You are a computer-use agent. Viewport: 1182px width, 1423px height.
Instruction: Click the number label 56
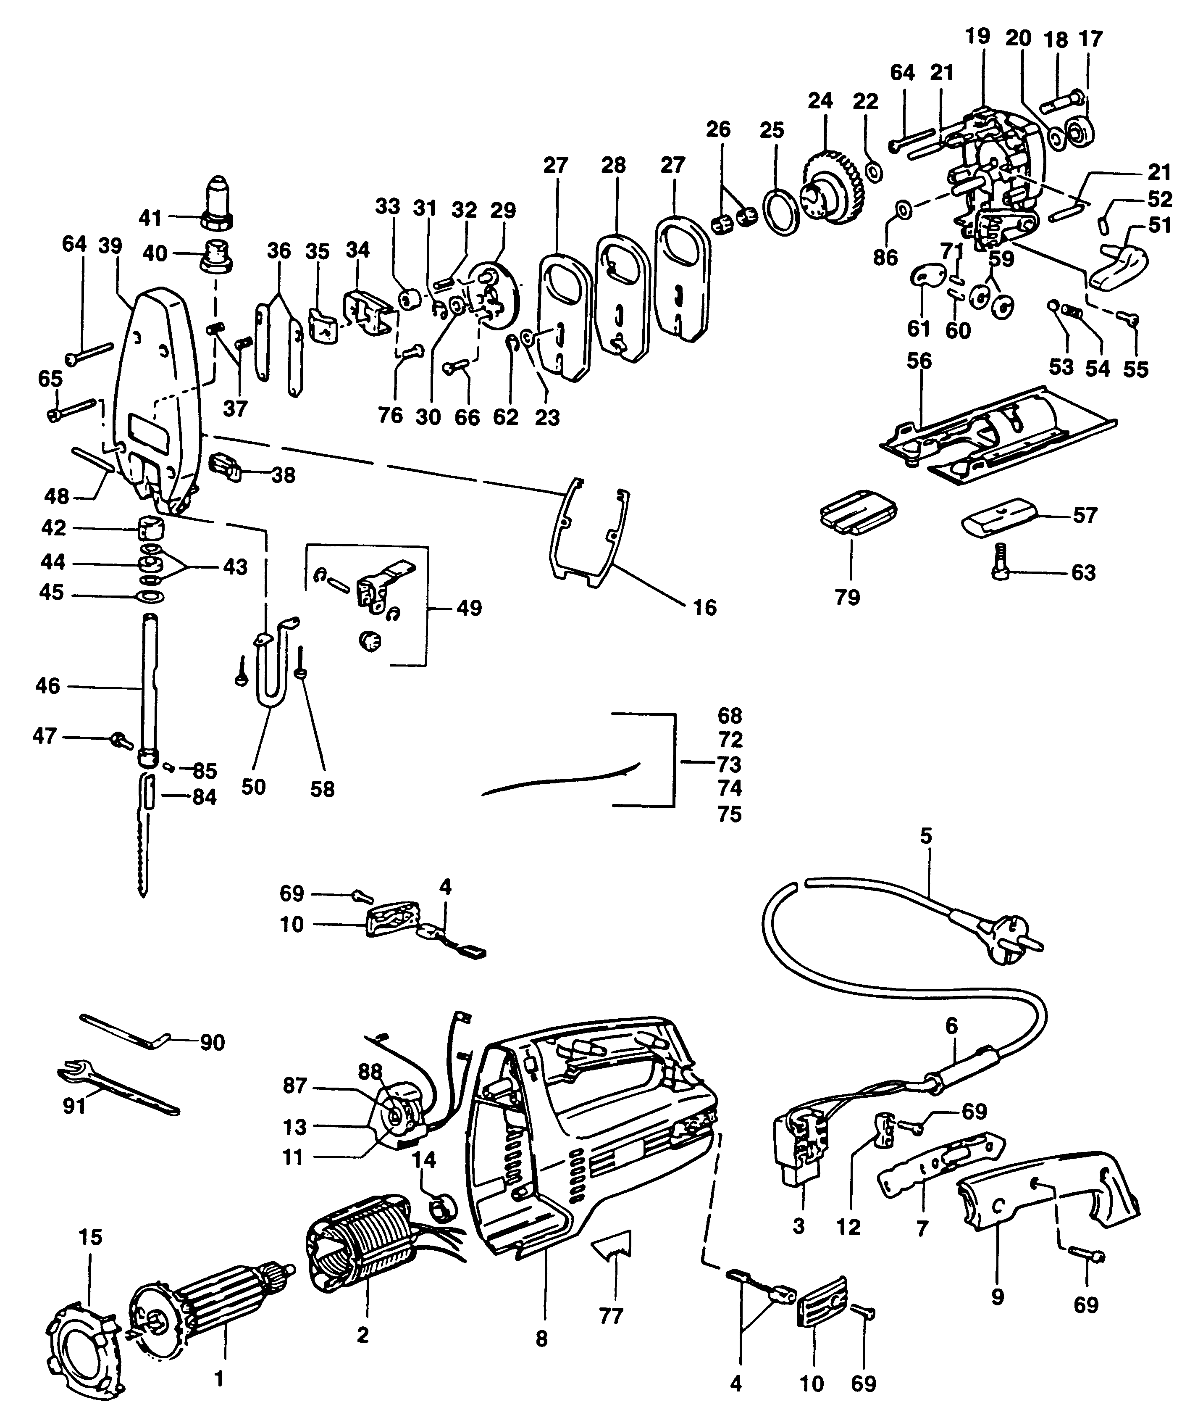point(919,361)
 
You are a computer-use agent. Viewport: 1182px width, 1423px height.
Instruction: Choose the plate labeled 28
point(622,298)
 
